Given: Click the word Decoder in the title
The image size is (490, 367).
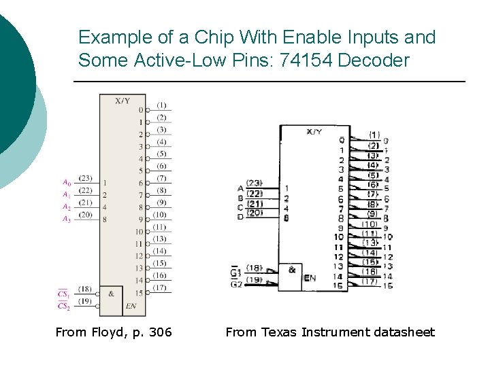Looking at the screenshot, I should point(374,60).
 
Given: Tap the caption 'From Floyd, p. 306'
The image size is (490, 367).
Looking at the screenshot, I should point(114,332).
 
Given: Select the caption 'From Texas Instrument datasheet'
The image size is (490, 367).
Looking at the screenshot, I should point(329,332).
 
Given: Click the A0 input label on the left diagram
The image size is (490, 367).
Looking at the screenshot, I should point(66,182).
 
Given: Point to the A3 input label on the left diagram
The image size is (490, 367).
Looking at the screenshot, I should point(66,219).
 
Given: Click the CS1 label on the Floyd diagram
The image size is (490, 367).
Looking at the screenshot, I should point(63,294).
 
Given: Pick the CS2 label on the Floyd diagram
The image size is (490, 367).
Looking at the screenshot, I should point(63,306).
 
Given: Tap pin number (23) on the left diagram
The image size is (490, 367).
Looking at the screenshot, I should point(85,178).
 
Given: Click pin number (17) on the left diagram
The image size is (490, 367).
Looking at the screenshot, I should point(161,287).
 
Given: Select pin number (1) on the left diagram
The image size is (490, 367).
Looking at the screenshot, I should point(161,105).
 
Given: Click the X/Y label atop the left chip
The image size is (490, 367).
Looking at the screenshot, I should point(122,101).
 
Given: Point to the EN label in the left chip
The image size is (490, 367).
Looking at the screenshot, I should point(131,307).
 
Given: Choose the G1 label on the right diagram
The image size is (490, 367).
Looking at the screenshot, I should point(235,273).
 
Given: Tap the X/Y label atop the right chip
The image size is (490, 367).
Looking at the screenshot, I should point(314,132).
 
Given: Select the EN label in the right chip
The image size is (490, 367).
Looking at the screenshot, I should point(310,278).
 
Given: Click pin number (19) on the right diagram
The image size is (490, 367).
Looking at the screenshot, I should point(254,279).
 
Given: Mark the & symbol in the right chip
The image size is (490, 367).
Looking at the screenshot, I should point(291,270).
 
